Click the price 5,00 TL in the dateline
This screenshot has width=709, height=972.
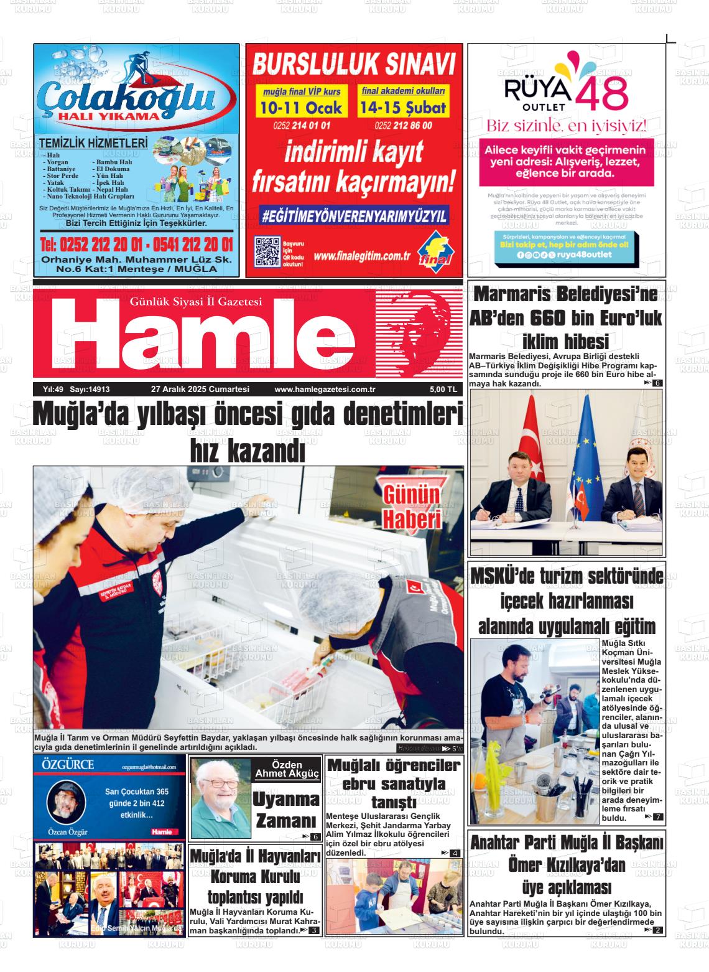[x=443, y=390]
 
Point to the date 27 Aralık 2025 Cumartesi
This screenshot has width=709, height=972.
[x=200, y=390]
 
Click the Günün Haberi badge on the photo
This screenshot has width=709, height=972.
[x=411, y=507]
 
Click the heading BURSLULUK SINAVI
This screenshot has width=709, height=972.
[x=354, y=65]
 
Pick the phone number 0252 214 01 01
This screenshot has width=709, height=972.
[x=302, y=126]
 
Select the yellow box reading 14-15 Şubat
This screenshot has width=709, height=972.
[x=402, y=108]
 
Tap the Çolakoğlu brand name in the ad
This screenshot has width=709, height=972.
[x=127, y=98]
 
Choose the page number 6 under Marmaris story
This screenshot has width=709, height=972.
[x=658, y=383]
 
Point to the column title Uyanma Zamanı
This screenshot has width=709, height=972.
[x=287, y=810]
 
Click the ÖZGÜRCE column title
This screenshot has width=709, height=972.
[x=68, y=765]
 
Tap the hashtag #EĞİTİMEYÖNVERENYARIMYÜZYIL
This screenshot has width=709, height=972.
[x=354, y=216]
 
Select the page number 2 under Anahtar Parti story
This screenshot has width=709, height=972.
[x=658, y=930]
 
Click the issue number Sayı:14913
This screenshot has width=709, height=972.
[x=90, y=390]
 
